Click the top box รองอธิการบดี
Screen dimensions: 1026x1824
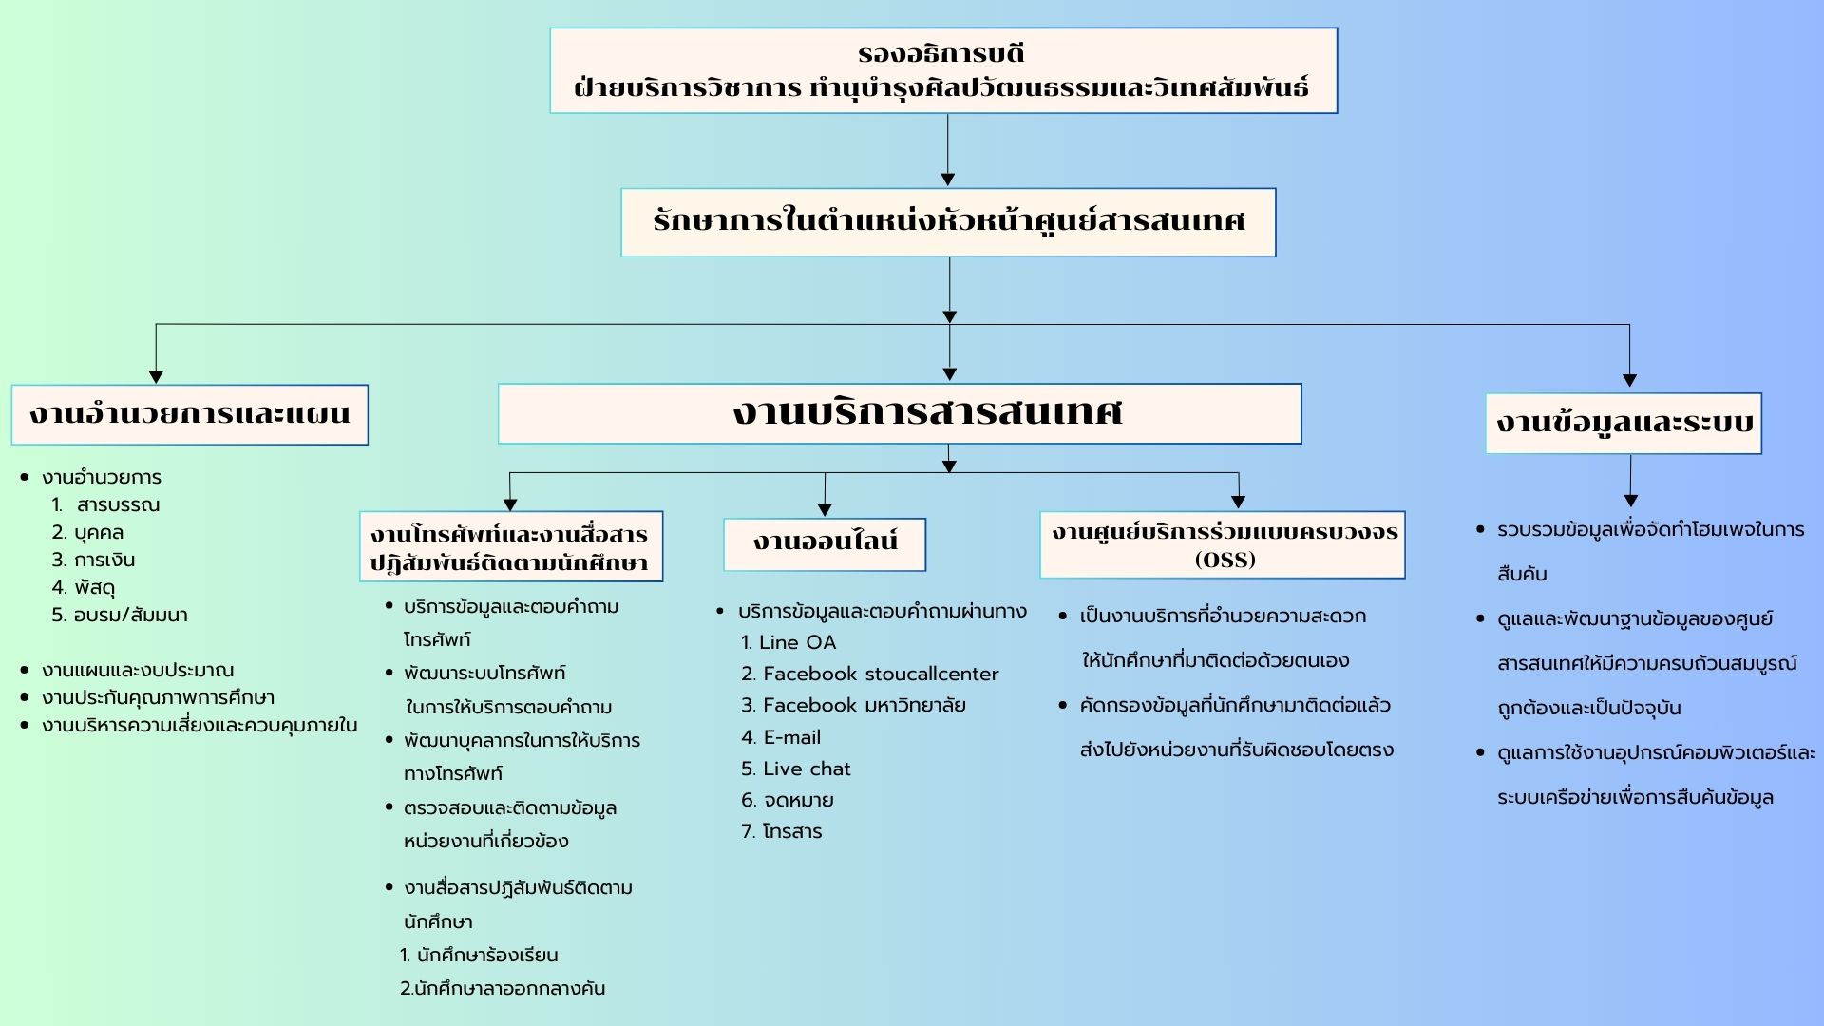943,70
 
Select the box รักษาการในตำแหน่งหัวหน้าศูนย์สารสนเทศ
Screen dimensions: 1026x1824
948,222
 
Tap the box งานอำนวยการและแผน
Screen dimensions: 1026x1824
190,414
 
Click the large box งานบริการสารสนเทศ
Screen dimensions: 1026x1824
900,413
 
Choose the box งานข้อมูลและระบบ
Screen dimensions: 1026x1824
1624,423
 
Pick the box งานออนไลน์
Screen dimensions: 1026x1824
825,543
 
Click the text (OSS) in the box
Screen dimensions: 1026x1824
1225,560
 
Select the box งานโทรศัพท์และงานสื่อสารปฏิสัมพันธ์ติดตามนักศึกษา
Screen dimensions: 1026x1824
510,547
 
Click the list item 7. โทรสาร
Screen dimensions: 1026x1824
782,831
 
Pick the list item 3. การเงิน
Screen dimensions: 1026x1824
94,560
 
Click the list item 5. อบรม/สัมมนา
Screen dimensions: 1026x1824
120,615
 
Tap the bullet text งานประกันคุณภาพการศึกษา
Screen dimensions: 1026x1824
158,697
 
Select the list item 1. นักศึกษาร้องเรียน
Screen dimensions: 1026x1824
480,955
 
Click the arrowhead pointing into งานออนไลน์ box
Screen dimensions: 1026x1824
825,509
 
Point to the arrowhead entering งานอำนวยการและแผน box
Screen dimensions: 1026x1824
156,377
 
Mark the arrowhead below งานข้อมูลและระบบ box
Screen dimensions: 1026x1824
1630,501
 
